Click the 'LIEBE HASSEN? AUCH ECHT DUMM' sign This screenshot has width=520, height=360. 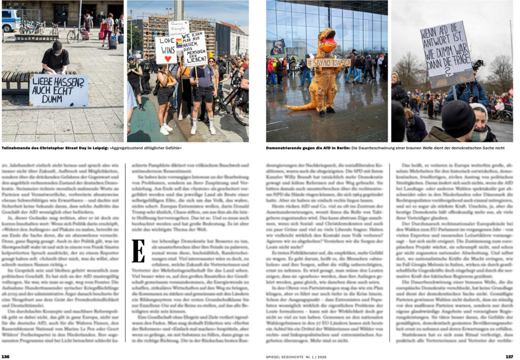click(x=58, y=90)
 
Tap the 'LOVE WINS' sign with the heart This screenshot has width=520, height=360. click(x=166, y=50)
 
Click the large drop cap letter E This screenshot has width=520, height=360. click(x=138, y=251)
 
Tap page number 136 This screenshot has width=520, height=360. click(x=6, y=356)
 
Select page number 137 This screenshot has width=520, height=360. click(x=509, y=356)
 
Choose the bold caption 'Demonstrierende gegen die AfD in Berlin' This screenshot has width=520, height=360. click(x=307, y=148)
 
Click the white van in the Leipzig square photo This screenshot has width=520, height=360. click(x=10, y=20)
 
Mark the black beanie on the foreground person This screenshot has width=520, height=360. click(x=458, y=118)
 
